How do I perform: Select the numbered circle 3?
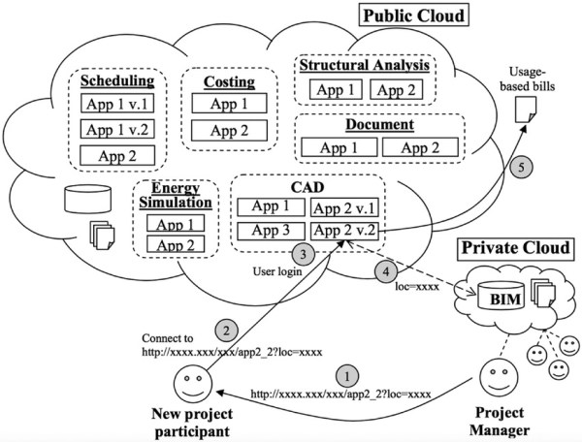point(304,255)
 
